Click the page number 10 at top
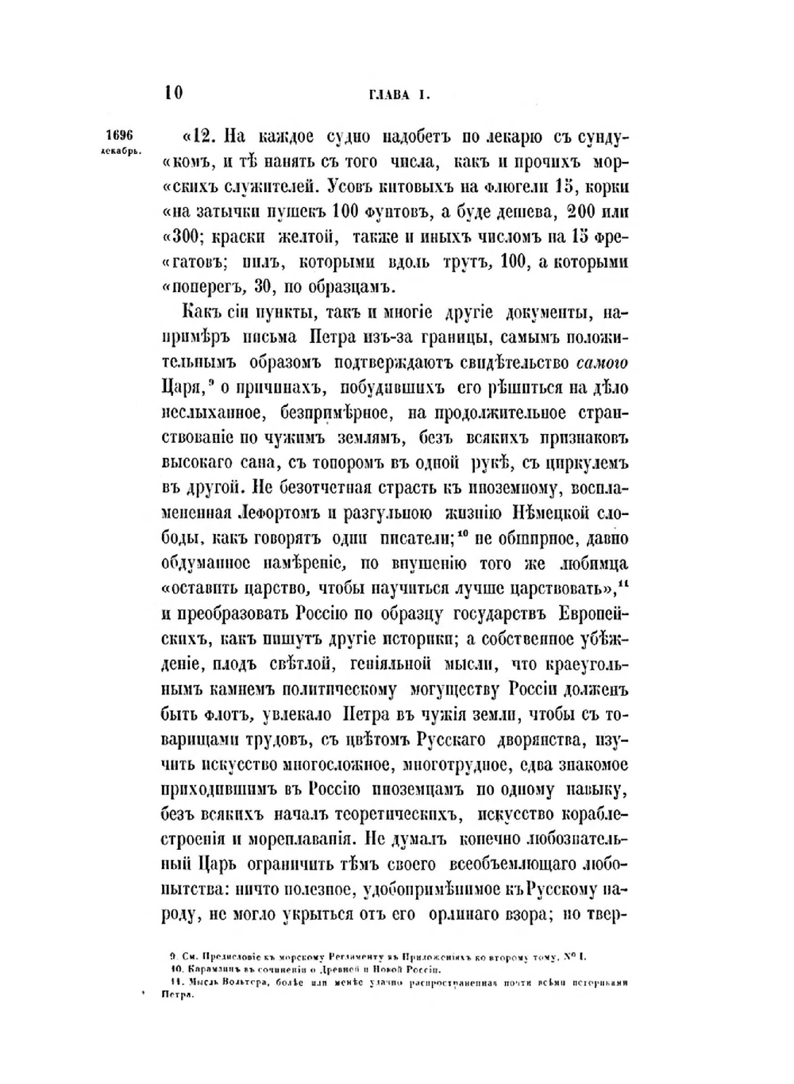click(174, 93)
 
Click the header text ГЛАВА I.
click(399, 94)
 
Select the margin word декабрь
click(121, 150)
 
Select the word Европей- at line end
click(586, 616)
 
